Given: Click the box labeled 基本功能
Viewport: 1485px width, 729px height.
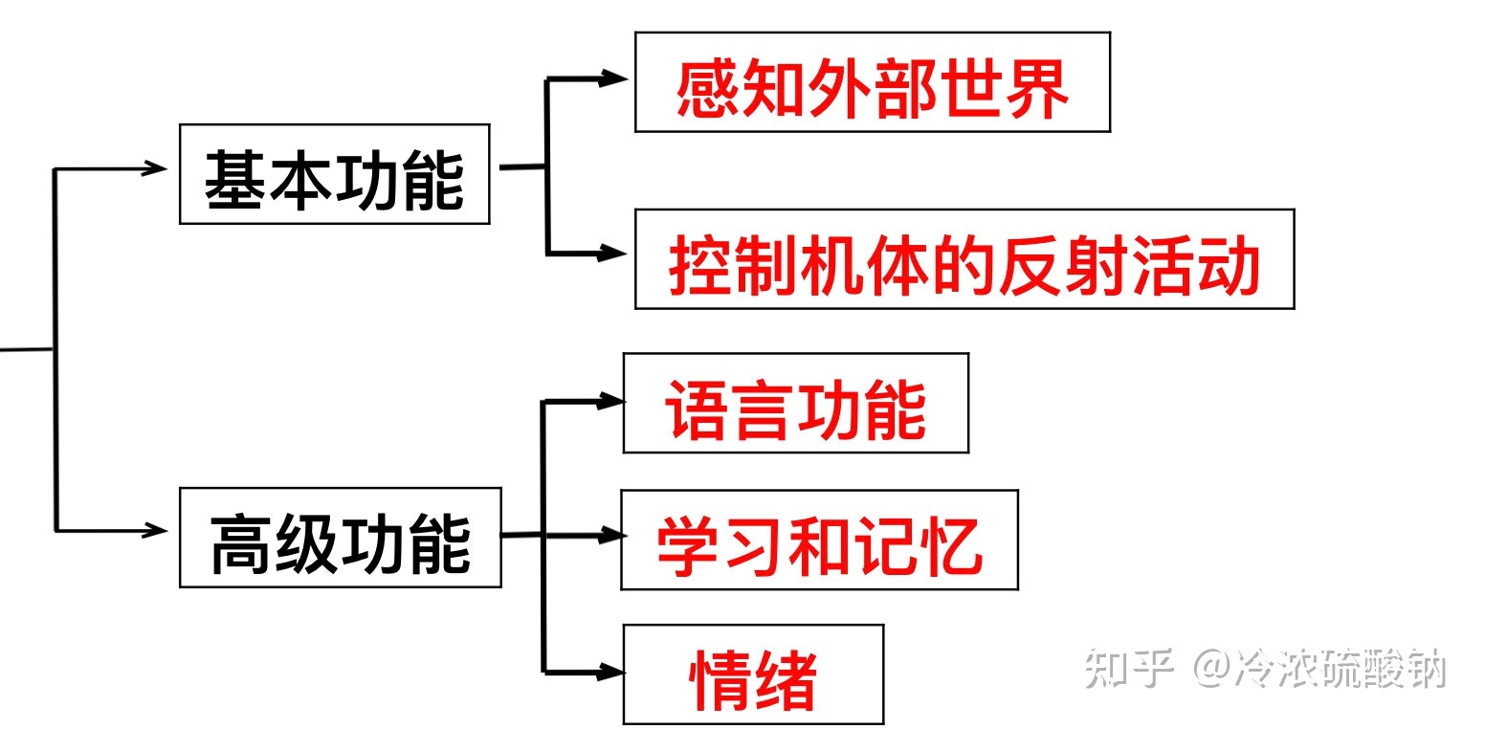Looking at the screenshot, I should click(334, 174).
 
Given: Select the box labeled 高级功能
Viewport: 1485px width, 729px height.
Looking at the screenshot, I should click(340, 538).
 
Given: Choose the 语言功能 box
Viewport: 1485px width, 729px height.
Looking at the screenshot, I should click(795, 403).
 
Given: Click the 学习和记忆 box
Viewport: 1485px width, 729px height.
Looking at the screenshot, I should click(818, 541).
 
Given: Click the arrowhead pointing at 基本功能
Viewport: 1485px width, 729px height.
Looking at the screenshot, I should click(155, 168).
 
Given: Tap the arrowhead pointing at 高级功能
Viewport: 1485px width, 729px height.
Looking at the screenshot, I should click(155, 529).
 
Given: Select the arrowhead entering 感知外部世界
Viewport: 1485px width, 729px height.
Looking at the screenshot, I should click(611, 80).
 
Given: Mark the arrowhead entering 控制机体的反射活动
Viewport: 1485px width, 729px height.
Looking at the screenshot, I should click(611, 254).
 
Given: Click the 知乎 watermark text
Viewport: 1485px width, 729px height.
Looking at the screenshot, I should click(1129, 669).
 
